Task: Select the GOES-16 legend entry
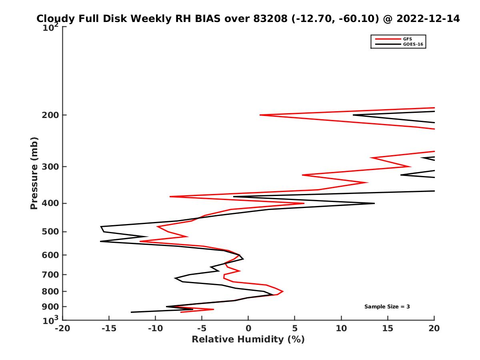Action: [412, 44]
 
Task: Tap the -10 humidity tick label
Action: [155, 328]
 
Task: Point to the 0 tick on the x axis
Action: [248, 328]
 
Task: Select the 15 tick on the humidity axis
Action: [388, 328]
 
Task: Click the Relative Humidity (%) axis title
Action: [248, 340]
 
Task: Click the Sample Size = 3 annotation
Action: [387, 307]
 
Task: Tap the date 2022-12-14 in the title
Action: [427, 18]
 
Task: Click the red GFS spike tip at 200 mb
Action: [260, 115]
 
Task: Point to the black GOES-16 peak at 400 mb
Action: [374, 203]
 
